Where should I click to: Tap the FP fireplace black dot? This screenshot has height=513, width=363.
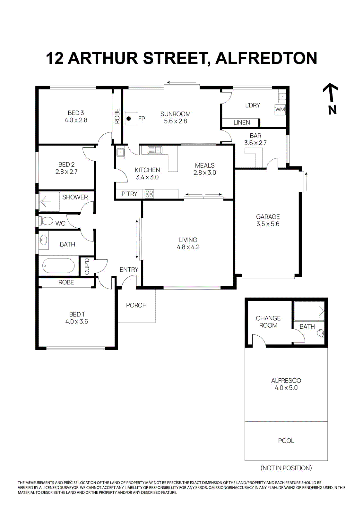129,119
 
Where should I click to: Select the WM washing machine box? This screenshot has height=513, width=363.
280,109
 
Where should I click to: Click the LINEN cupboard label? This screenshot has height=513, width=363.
242,122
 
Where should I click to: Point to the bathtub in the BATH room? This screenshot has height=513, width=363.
58,266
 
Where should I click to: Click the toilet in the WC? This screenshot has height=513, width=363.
47,221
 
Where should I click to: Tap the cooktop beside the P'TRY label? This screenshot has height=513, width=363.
149,194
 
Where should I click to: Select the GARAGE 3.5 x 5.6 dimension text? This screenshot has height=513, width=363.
268,224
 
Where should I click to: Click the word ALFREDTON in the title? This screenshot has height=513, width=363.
266,58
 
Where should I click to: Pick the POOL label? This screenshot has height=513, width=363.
286,441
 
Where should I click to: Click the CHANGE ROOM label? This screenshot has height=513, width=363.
268,322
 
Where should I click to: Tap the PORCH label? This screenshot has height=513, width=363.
136,305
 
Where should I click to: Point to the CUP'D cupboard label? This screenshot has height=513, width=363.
87,266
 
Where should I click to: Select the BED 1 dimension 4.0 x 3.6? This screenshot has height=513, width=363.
77,322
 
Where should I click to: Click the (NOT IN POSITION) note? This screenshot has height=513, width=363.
286,468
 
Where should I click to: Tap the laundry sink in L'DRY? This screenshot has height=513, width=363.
282,96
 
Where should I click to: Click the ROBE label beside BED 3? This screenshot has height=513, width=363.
117,116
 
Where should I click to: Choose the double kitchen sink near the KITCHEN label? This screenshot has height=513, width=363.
155,150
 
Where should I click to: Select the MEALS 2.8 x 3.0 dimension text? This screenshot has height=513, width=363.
205,172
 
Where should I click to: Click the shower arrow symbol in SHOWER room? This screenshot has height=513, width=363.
45,202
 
